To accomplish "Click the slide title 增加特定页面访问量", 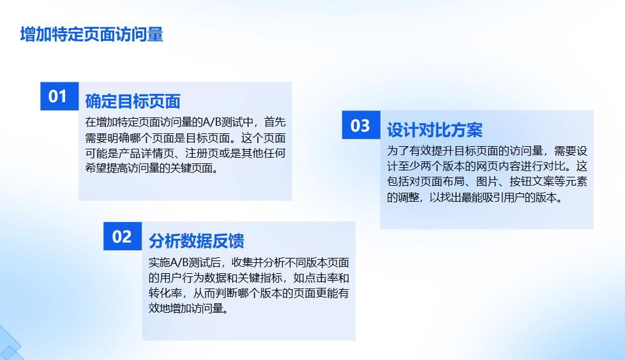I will tap(91, 34).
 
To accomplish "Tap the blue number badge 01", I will tap(58, 96).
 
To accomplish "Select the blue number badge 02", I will tap(122, 237).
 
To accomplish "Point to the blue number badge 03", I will tap(361, 125).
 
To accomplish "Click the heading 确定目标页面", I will tap(133, 101).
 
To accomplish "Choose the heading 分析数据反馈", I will tap(196, 241).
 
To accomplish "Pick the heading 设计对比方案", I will tap(434, 130).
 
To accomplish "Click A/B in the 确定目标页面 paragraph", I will tap(211, 121).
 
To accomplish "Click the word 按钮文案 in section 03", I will tap(528, 182).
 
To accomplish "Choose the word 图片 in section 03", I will tap(489, 182).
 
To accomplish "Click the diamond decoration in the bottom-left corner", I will tap(8, 345).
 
